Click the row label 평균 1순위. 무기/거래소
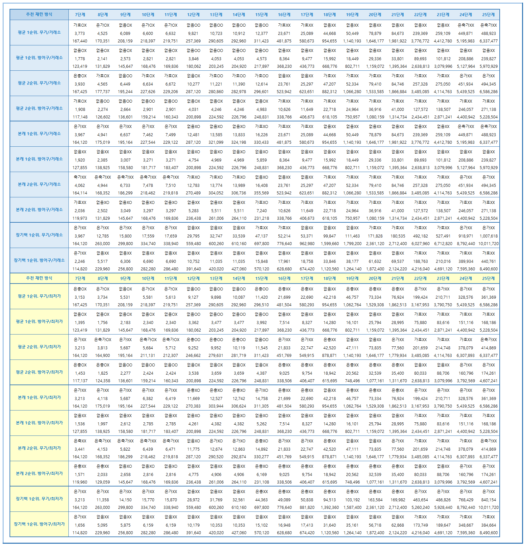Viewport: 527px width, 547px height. click(x=39, y=33)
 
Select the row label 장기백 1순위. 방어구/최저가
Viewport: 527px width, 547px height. click(x=39, y=524)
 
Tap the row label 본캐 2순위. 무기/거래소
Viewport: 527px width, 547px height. click(x=39, y=185)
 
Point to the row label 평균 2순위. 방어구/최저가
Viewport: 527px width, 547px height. click(x=39, y=372)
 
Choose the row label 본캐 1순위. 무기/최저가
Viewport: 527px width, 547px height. click(x=39, y=398)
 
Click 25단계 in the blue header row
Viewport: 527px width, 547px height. click(x=489, y=15)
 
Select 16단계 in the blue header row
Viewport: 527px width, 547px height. click(x=284, y=15)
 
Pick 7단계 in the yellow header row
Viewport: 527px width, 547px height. click(x=80, y=279)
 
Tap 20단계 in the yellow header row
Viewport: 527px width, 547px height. click(x=375, y=279)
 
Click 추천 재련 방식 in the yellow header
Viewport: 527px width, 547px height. click(x=39, y=278)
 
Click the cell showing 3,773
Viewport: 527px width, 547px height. click(x=80, y=34)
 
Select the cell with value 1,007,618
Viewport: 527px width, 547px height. click(x=489, y=236)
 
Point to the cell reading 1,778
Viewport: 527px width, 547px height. click(x=80, y=59)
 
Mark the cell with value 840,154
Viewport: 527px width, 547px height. click(x=489, y=500)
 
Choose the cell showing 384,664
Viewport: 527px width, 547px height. click(x=489, y=525)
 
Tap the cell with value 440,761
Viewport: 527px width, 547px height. click(x=489, y=261)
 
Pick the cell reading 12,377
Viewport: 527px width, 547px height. click(x=262, y=34)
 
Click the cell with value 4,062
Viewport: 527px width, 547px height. click(x=80, y=186)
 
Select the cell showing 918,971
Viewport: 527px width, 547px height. click(x=466, y=236)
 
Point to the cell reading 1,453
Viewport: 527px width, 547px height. click(x=80, y=373)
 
